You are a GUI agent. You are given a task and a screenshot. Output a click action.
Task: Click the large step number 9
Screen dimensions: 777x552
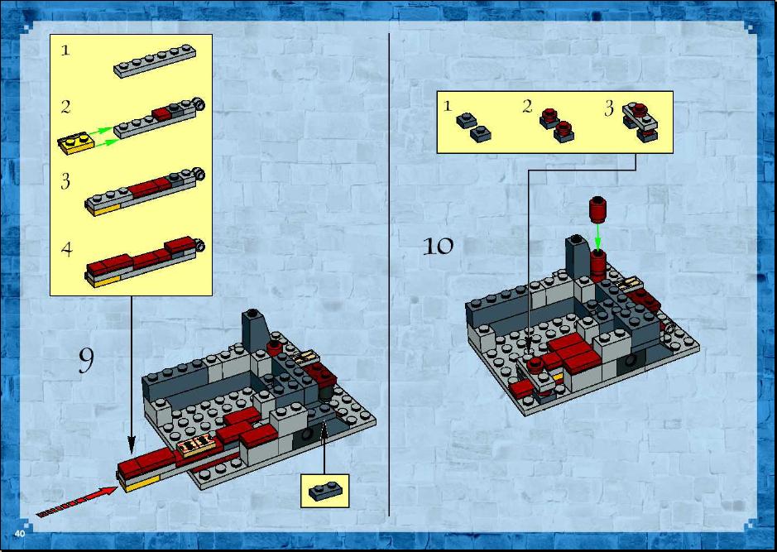point(86,361)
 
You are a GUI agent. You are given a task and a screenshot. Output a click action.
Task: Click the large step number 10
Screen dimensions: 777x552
point(438,247)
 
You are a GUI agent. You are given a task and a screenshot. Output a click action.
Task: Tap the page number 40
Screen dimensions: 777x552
point(20,534)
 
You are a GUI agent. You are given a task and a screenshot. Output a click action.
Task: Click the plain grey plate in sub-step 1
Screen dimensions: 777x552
point(155,61)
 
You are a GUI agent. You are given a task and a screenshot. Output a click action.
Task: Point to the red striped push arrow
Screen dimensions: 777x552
point(77,502)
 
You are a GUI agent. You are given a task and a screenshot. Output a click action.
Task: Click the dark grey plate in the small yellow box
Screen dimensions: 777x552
point(325,490)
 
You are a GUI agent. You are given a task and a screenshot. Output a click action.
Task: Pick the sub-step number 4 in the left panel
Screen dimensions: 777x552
point(66,249)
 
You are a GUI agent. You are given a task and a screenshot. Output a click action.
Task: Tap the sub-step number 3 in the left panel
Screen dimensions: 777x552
point(65,181)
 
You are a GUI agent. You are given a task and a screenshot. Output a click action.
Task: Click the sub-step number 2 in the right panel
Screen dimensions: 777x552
point(527,106)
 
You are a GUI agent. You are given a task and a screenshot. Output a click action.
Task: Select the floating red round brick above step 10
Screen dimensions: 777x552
point(598,209)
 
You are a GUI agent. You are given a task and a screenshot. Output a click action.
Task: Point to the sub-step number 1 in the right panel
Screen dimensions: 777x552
point(448,106)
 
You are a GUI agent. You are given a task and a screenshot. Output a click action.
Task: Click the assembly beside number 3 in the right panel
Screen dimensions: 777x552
point(640,122)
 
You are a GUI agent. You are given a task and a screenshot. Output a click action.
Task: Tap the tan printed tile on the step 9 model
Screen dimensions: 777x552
point(197,444)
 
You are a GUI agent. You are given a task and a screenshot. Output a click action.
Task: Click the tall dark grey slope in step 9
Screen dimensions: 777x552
point(255,331)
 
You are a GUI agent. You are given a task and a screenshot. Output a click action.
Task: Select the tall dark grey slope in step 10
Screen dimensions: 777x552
point(578,257)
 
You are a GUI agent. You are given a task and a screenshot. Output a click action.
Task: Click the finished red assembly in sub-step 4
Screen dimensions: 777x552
point(144,262)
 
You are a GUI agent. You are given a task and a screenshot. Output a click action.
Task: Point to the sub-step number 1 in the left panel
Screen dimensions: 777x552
point(65,50)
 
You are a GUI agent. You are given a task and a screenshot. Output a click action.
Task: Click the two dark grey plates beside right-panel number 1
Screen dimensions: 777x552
point(474,127)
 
